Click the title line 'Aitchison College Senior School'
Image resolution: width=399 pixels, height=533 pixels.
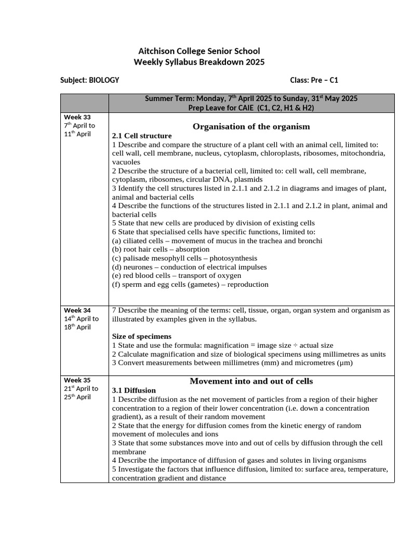tap(199, 51)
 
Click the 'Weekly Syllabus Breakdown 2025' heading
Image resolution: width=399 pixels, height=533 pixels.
tap(199, 62)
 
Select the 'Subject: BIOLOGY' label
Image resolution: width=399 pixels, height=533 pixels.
tap(89, 80)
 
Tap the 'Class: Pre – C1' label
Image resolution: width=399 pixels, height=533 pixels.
tap(314, 80)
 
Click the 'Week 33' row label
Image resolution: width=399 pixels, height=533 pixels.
tap(77, 117)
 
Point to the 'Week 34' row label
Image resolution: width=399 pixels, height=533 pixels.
tap(77, 310)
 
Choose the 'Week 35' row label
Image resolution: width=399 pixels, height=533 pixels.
tap(77, 380)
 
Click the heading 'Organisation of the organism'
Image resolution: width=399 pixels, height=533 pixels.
tap(251, 126)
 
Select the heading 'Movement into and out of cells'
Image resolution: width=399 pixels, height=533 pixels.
tap(251, 381)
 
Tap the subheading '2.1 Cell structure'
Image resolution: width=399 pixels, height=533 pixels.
tap(142, 136)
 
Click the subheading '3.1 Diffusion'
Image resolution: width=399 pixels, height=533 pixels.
tap(134, 390)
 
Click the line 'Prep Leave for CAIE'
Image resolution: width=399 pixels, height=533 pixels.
tap(251, 108)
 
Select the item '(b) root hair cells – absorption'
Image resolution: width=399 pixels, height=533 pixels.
tap(161, 249)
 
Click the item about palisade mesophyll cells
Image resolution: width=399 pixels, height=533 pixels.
tap(184, 258)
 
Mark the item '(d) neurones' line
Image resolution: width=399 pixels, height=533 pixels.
tap(189, 267)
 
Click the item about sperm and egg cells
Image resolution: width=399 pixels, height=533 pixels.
tap(190, 285)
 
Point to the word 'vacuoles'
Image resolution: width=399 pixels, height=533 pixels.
tap(126, 162)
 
